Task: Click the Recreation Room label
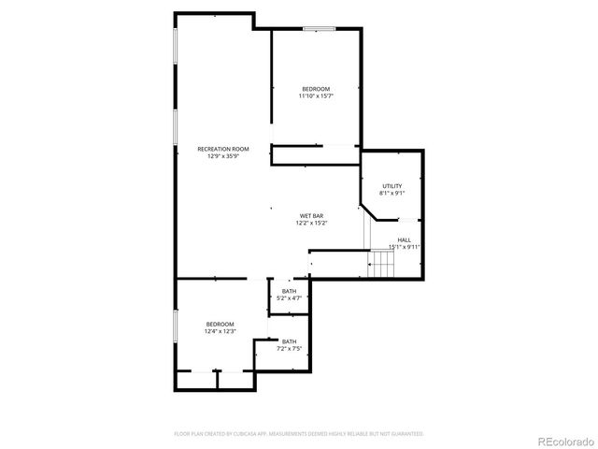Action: coord(222,149)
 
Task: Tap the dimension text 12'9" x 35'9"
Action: coord(222,156)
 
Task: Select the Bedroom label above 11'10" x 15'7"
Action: coord(316,89)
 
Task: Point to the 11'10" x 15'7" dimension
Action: coord(316,95)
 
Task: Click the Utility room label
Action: coord(392,186)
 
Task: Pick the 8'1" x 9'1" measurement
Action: coord(392,193)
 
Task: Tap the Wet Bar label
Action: coord(311,216)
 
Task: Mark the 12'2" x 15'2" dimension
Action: coord(311,223)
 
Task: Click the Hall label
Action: coord(404,240)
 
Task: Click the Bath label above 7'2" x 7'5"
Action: coord(289,341)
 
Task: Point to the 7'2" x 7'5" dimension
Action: coord(289,348)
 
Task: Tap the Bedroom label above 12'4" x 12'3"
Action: coord(220,324)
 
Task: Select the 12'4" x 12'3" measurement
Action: coord(220,331)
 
